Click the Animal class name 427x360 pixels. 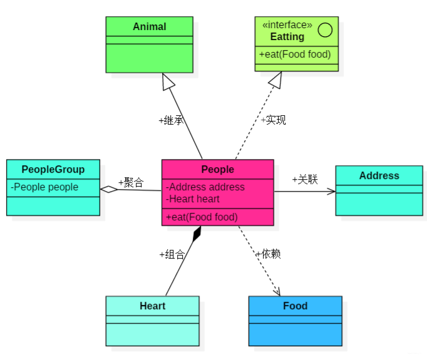150,26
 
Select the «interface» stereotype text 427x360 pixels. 287,25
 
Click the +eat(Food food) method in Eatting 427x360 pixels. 295,54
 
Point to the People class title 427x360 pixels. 217,169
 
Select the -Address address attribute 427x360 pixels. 205,187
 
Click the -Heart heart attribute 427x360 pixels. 193,198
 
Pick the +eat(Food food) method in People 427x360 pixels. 202,217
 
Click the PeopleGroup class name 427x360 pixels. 53,169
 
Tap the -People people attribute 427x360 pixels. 44,187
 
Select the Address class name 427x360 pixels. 379,175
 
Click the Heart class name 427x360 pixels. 152,306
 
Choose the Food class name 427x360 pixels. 295,306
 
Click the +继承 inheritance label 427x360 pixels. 171,120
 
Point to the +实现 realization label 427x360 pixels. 273,120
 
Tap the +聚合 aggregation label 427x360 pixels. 131,182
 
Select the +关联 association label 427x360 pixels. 305,179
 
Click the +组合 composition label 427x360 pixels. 172,254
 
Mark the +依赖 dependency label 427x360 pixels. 268,254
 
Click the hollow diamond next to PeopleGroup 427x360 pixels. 109,189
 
